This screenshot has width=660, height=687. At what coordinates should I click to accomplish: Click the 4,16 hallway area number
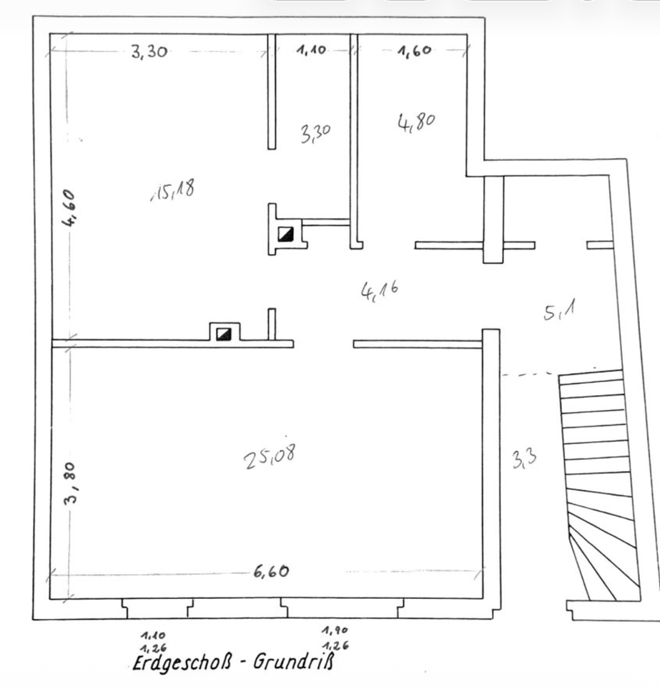click(x=380, y=290)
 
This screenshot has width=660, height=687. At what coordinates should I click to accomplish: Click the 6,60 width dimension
click(x=270, y=572)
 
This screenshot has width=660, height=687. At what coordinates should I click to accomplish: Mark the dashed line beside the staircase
click(x=528, y=374)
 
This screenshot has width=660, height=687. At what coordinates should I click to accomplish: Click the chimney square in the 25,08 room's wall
click(x=224, y=333)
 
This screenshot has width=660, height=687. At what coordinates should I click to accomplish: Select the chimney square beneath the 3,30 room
click(x=285, y=233)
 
